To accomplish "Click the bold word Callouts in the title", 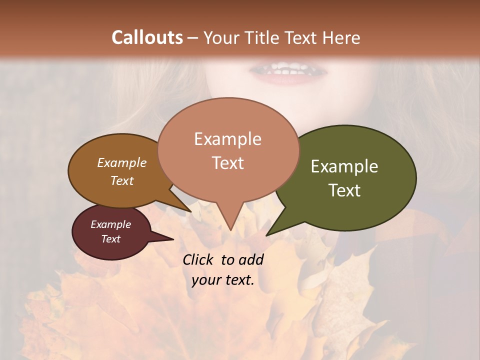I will (147, 37).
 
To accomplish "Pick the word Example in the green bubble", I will (344, 166).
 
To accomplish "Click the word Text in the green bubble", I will (344, 190).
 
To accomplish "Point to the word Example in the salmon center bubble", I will (227, 139).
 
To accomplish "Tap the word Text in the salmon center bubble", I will (227, 163).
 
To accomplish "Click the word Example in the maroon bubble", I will (110, 224).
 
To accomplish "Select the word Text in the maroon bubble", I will (110, 239).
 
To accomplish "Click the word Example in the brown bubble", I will (121, 163).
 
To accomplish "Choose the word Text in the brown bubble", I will (121, 180).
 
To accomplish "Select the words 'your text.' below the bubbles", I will (223, 280).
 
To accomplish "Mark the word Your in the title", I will (221, 37).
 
